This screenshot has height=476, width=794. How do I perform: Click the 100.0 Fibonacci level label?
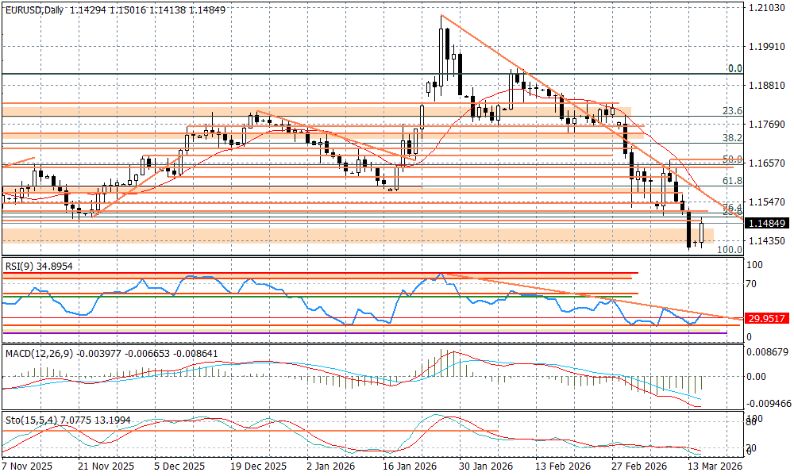point(729,249)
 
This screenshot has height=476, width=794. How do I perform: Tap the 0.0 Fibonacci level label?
point(735,69)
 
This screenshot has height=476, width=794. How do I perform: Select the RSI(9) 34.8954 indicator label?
point(39,267)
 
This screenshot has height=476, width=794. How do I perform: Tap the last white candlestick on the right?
point(702,232)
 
